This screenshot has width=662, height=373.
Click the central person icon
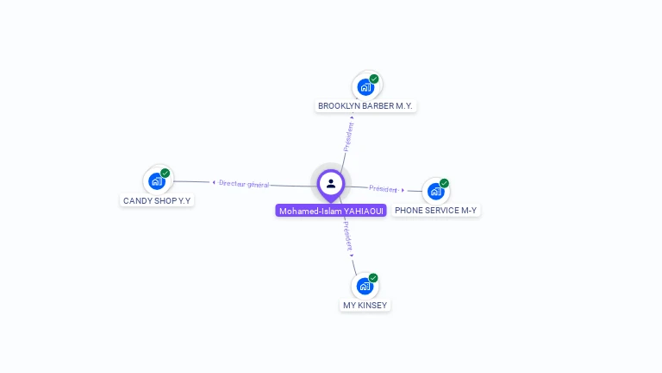point(331,183)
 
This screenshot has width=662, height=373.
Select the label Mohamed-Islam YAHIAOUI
point(331,211)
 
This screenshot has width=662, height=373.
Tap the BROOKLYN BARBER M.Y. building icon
point(365,87)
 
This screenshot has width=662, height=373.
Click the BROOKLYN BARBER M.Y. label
point(365,106)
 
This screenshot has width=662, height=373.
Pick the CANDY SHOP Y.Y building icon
point(156,180)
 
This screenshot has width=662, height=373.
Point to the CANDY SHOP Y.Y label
point(157,200)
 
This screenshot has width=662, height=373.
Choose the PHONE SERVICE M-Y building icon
point(435,191)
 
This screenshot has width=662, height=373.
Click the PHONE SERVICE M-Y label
point(435,210)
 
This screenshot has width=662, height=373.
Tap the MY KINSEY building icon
point(365,286)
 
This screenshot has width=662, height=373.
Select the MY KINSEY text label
point(365,306)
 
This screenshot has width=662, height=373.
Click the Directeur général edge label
point(244,184)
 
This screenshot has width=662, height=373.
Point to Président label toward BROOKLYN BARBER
point(349,136)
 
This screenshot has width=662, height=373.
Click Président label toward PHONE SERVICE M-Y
point(384,188)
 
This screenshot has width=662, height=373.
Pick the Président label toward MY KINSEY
point(346,235)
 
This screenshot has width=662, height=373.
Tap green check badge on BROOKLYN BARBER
point(374,79)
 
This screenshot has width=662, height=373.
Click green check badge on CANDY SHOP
point(165,173)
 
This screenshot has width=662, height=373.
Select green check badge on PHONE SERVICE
point(444,183)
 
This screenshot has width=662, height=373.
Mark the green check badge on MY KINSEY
point(373,278)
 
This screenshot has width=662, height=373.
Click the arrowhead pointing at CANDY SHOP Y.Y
point(214,182)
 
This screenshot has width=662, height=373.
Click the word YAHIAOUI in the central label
point(364,211)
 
